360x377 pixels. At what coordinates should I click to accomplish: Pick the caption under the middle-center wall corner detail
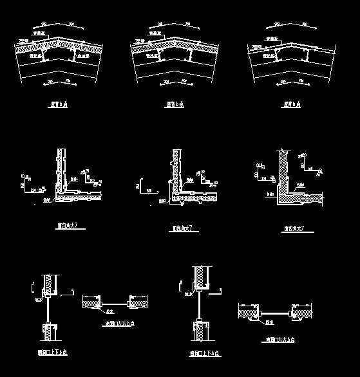coord(181,228)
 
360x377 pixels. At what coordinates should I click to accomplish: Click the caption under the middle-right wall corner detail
coord(293,228)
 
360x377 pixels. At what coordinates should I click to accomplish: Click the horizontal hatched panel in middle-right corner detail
coord(303,196)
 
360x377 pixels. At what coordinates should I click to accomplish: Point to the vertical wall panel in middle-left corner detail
coord(61,167)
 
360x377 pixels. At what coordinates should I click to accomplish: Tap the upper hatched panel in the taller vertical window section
coord(201,276)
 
